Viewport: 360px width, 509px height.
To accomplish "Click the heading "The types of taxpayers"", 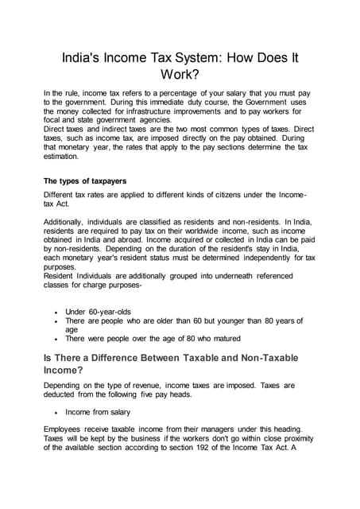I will [85, 181].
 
